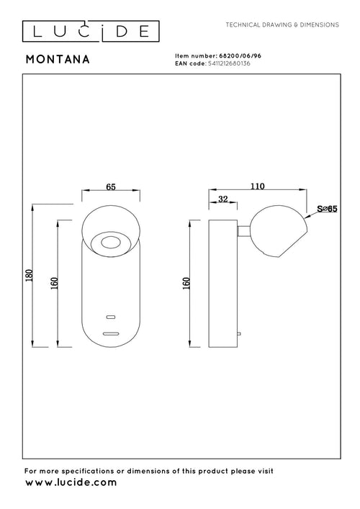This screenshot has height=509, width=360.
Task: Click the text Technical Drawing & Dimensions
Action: tap(282, 24)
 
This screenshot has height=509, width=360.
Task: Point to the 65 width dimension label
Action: tap(111, 187)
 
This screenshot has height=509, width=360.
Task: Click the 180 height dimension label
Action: tap(29, 276)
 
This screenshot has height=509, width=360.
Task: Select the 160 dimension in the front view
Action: tap(53, 284)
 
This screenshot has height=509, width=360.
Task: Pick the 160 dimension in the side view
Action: tap(185, 284)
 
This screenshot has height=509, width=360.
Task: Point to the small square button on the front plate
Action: tap(111, 317)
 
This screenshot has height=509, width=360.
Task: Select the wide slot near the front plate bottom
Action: tap(111, 333)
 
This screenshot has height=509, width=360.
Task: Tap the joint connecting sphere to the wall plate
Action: tap(245, 230)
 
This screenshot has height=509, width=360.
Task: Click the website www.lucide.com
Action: tap(71, 482)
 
